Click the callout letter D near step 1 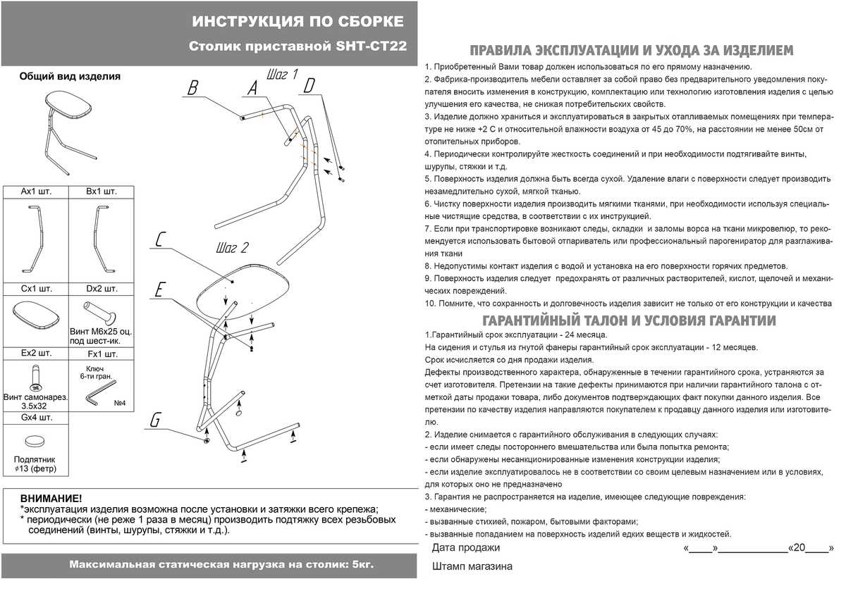309,86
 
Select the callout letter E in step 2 161,290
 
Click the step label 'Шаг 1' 283,74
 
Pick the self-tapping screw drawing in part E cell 32,377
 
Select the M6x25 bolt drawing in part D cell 97,311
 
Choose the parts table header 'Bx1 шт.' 102,192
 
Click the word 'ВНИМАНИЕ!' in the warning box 50,498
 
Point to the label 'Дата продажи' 465,548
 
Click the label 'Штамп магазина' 472,566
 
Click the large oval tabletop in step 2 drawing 243,289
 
